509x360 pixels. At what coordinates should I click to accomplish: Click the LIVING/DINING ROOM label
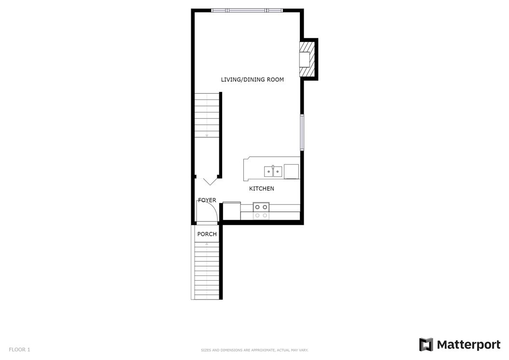(252, 80)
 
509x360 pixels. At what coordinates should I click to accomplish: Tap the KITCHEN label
(261, 188)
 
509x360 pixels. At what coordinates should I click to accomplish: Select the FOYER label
(207, 200)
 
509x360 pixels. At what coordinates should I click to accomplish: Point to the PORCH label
(207, 234)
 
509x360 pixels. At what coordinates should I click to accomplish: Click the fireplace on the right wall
(307, 59)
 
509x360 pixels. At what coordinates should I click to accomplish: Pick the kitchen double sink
(273, 171)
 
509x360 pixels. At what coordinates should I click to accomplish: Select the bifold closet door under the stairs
(210, 181)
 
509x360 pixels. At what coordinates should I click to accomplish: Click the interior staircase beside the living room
(207, 115)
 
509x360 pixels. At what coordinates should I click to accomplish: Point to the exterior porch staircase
(207, 270)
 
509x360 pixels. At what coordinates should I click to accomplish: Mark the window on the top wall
(247, 11)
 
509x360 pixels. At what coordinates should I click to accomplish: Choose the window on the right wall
(302, 132)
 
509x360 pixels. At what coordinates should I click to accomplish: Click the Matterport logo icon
(426, 345)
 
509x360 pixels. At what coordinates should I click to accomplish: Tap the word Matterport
(469, 345)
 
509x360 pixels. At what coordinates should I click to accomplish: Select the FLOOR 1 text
(19, 349)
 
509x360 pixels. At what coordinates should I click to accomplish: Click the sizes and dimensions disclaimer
(254, 350)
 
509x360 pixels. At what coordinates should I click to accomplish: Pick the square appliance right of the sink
(291, 172)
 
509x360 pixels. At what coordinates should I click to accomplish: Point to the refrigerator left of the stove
(231, 211)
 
